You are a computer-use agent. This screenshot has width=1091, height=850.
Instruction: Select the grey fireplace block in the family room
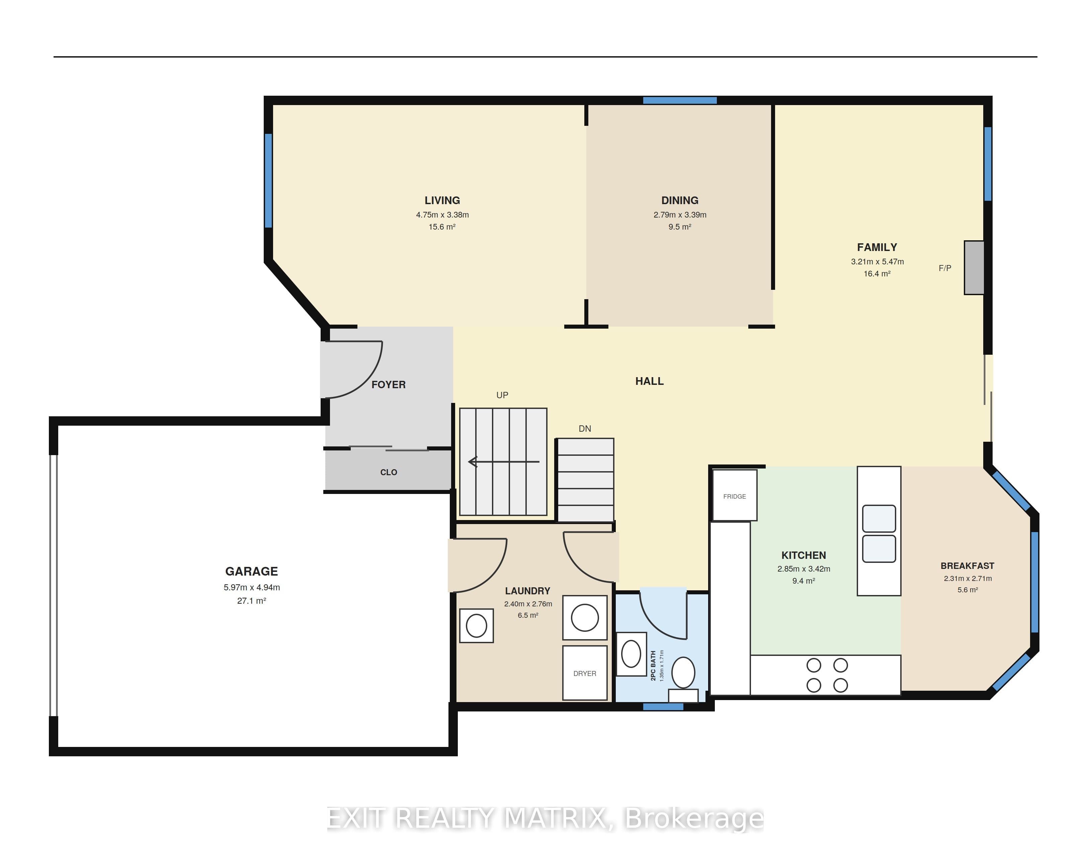click(974, 268)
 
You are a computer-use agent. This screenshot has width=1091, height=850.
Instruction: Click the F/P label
click(945, 268)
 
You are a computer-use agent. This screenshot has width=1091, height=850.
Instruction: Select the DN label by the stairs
click(584, 428)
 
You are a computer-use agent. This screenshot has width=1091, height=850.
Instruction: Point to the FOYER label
click(388, 385)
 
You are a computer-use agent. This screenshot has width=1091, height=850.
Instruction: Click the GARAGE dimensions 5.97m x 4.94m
click(252, 587)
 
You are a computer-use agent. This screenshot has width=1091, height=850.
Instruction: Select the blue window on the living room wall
click(268, 181)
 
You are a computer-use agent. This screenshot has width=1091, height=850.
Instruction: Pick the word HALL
click(649, 381)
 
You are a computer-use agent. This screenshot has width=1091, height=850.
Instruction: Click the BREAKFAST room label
click(967, 566)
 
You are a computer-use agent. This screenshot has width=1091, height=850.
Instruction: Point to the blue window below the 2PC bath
click(663, 707)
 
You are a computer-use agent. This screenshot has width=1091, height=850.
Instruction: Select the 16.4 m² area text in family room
click(877, 274)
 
